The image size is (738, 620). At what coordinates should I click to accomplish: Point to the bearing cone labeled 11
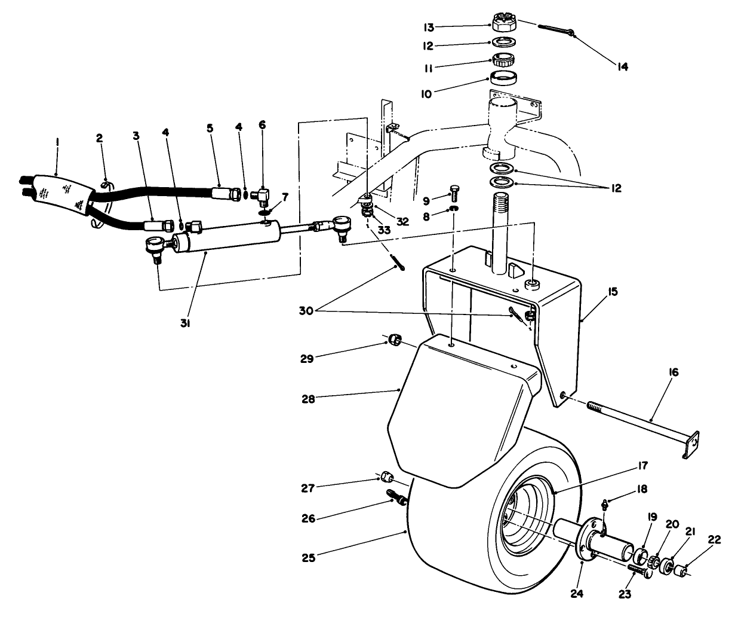click(504, 60)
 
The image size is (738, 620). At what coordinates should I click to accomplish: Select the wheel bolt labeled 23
click(638, 572)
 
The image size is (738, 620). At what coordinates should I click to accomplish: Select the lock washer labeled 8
click(453, 209)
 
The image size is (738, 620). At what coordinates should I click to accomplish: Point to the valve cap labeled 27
click(387, 477)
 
